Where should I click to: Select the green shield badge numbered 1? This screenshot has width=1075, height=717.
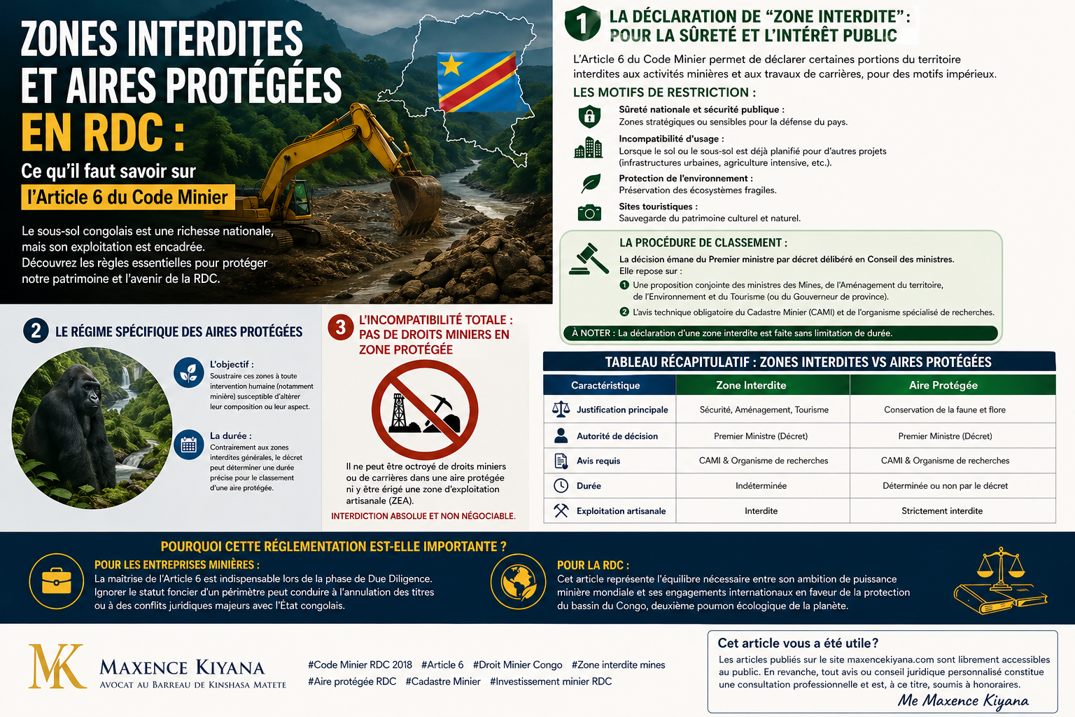582,23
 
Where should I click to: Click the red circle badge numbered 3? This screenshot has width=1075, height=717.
341,327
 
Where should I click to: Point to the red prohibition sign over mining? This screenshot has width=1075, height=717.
425,410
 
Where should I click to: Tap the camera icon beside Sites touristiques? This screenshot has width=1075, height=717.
589,212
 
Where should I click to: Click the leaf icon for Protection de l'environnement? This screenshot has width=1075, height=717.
591,183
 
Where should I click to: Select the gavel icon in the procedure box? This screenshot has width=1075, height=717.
589,258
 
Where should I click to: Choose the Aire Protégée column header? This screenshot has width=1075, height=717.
943,385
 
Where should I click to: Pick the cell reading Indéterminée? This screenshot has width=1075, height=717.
761,486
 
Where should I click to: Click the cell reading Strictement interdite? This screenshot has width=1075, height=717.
941,511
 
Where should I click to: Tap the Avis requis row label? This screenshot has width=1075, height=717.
598,461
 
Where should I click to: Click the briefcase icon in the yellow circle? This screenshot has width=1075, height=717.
56,581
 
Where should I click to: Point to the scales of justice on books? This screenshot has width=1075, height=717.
1000,581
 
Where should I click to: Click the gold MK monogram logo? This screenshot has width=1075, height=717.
56,666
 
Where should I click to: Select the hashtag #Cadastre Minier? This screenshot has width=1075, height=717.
443,681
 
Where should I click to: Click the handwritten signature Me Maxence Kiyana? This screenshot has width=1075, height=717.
963,700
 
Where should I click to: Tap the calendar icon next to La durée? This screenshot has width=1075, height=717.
188,444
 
